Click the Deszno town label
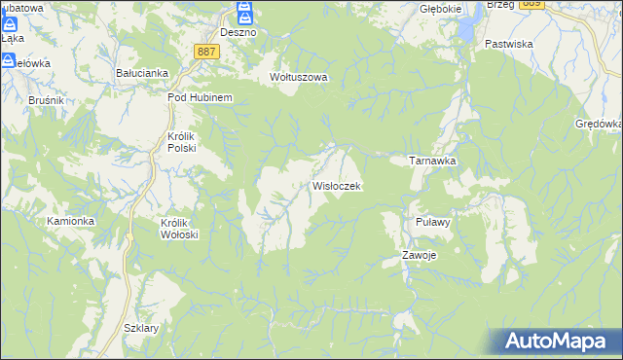point(238,32)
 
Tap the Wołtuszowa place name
point(299,77)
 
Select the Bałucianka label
point(143,73)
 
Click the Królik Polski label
point(182,142)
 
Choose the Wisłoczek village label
point(337,186)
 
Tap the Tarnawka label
point(432,161)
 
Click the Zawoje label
point(420,256)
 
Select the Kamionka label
point(71,221)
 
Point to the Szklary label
point(141,329)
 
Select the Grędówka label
point(598,125)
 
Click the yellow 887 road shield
point(204,51)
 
